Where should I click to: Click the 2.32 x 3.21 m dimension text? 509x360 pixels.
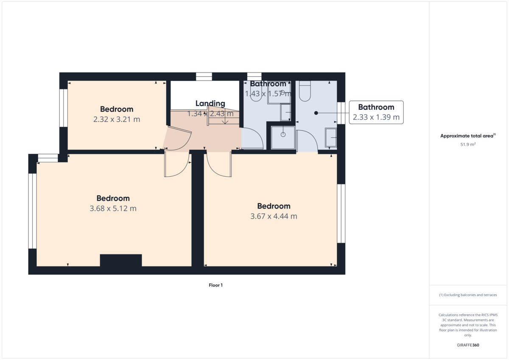[x=117, y=120]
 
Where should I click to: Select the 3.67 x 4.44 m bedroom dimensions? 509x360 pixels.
[x=274, y=216]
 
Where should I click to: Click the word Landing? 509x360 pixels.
[x=210, y=103]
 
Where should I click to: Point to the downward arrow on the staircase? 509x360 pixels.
[x=225, y=120]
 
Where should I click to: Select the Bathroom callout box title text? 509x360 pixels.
[x=376, y=107]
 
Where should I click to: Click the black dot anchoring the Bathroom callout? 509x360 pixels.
[x=316, y=113]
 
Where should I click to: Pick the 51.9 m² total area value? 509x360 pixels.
[x=468, y=145]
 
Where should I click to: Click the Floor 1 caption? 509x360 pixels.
[x=215, y=285]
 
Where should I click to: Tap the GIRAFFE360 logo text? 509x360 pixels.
[x=468, y=345]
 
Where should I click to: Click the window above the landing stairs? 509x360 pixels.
[x=204, y=77]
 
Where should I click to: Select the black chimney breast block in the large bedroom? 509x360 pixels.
[x=121, y=260]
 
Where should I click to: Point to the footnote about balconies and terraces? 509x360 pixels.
[x=468, y=295]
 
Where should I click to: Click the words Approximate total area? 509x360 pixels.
[x=467, y=136]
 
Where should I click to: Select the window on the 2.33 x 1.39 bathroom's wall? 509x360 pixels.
[x=341, y=113]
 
